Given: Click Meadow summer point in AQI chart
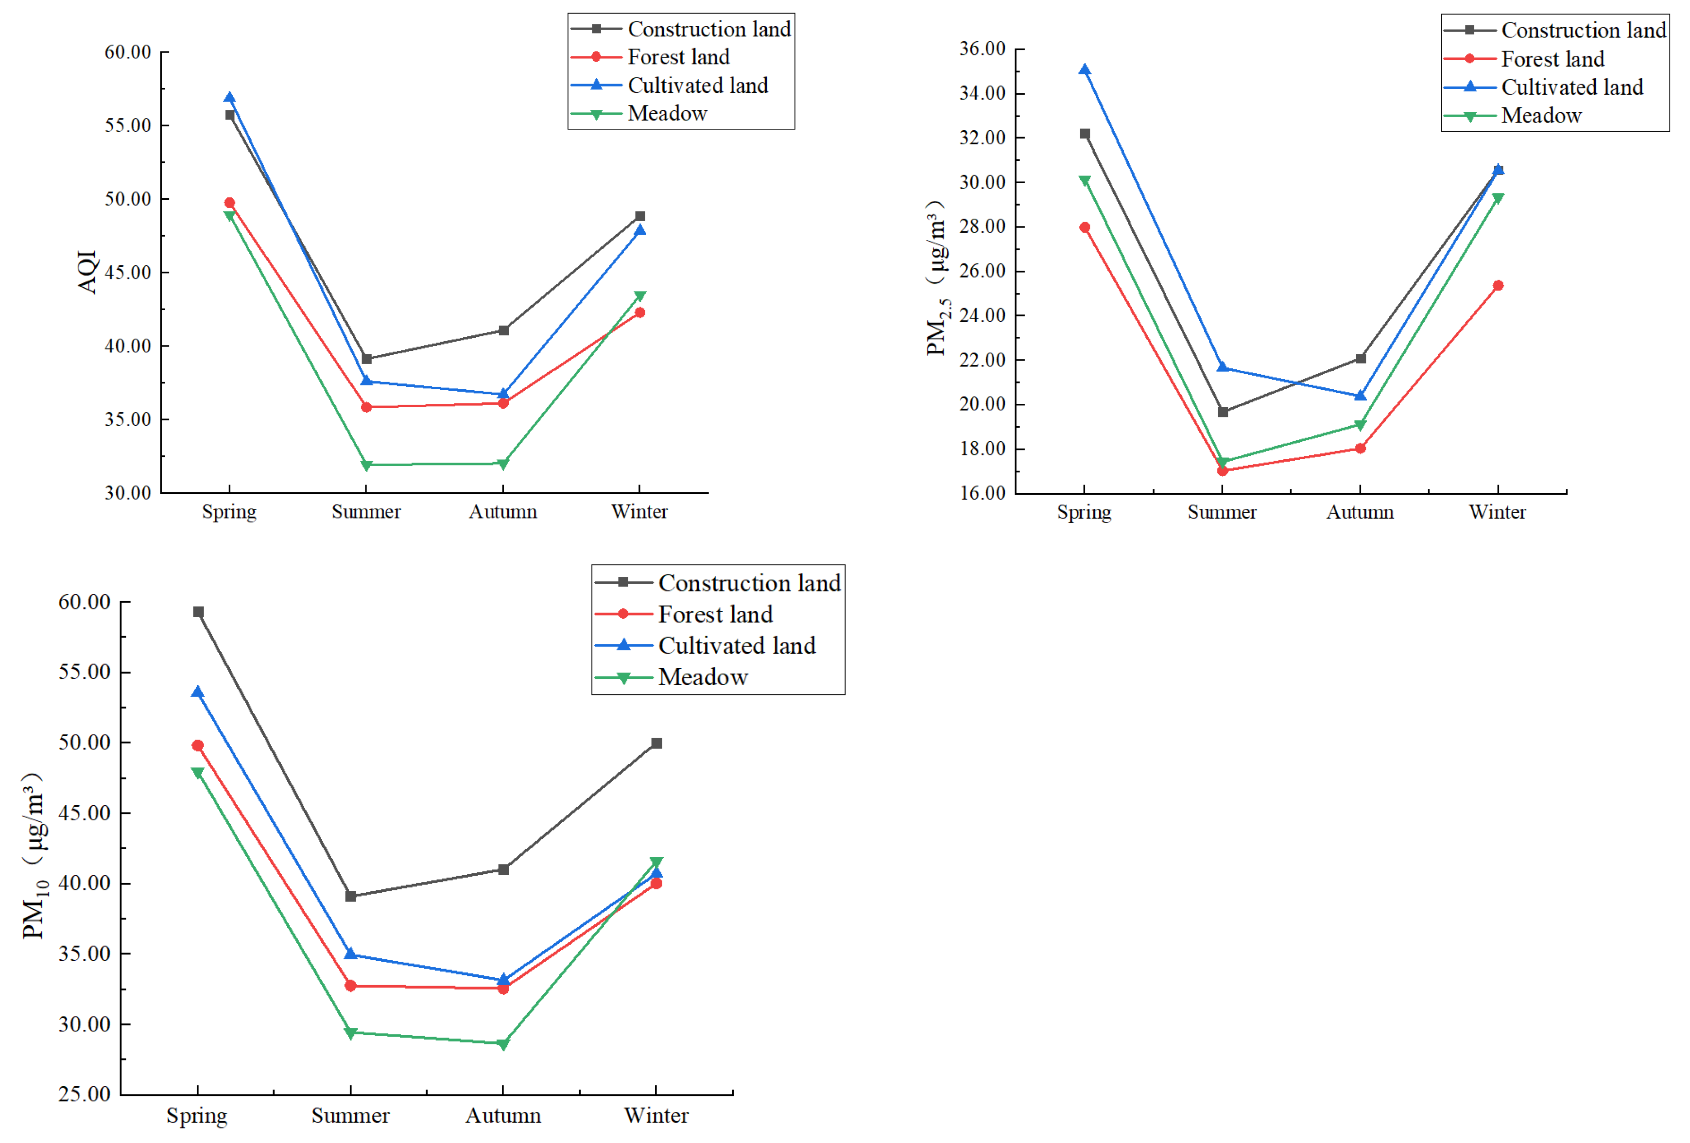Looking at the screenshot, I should pos(366,466).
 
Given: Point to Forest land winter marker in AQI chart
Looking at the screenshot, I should pos(640,312).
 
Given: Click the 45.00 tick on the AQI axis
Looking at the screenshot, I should pos(128,273).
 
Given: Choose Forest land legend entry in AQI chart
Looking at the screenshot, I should pos(678,57).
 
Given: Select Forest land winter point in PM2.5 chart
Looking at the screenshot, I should pos(1498,286).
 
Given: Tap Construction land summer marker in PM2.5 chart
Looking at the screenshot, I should pos(1223,412).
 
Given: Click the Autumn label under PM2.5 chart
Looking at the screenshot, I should pos(1360,513).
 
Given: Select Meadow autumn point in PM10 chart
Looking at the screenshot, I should pos(503,1045).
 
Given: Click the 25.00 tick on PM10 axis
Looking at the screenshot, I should pos(85,1095).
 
